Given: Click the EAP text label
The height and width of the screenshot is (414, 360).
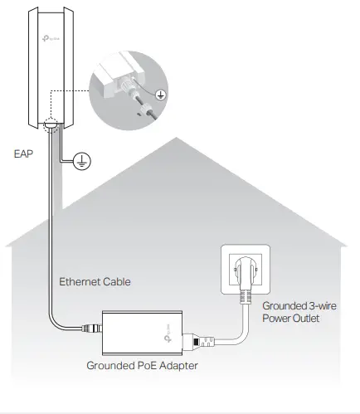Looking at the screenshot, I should point(24,153).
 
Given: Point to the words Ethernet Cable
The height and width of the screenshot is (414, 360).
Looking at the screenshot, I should point(95,281).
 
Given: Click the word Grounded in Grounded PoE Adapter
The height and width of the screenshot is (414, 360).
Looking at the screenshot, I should point(111,364).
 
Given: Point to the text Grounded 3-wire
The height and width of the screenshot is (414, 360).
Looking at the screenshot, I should point(298,306).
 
